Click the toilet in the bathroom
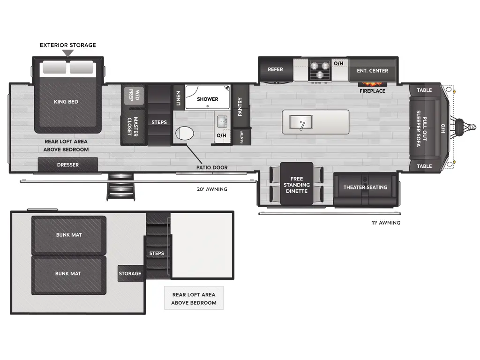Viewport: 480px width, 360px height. (x=185, y=134)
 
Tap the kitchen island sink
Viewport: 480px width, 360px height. (x=301, y=122)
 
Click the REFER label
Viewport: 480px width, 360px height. (x=275, y=69)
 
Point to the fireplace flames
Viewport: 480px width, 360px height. (x=372, y=84)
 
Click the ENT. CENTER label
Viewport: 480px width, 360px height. (x=372, y=71)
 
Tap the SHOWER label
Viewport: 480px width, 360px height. (x=208, y=99)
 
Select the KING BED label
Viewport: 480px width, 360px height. (x=66, y=102)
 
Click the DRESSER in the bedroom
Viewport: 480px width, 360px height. (x=67, y=165)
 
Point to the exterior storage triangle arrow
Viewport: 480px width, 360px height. (x=68, y=53)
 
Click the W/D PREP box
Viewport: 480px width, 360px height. (x=134, y=95)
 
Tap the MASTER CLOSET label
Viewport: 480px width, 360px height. (x=133, y=127)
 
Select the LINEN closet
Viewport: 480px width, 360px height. (x=178, y=98)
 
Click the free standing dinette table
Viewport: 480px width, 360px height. (x=297, y=184)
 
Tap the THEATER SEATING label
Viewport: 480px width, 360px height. (x=365, y=187)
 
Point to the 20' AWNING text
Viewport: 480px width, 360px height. (x=212, y=189)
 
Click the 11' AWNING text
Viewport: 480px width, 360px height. (x=386, y=223)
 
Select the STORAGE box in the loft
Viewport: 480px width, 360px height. (x=130, y=273)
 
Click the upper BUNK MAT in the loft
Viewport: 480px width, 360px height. (x=69, y=235)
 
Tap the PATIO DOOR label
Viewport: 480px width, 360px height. (x=212, y=168)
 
